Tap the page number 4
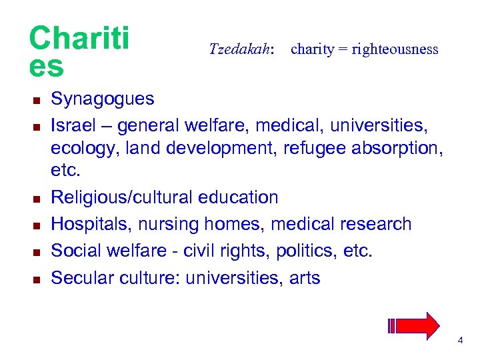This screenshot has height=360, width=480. point(460,341)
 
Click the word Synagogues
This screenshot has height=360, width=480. point(103,99)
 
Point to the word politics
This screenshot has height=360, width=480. point(299,251)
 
